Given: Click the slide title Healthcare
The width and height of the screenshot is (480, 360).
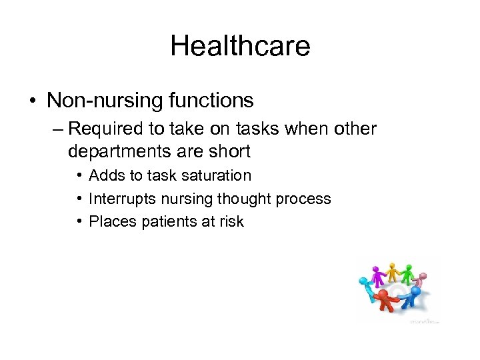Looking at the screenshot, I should (240, 46).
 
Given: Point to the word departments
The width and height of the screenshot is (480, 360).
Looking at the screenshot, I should (124, 151).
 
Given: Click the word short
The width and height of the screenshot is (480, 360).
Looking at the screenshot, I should (229, 151).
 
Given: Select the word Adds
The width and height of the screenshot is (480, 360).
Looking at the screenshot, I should (104, 176).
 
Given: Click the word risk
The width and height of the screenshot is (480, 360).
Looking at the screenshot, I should (231, 221).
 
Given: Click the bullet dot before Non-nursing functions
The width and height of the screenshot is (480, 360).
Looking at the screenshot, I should (32, 101).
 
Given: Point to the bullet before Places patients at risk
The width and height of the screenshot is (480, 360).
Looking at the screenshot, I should (79, 221).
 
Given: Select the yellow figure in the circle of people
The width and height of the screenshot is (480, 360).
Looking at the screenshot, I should (393, 273).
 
